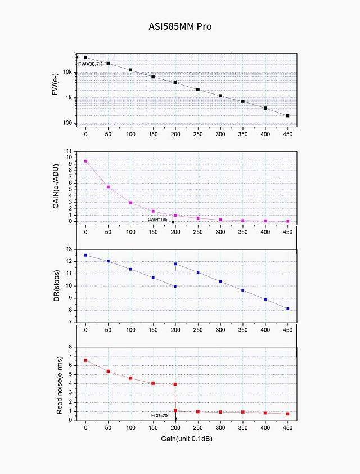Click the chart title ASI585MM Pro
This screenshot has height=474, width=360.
click(x=180, y=26)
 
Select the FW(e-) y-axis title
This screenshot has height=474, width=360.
click(x=56, y=90)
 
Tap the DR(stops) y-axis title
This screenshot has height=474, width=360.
click(x=56, y=286)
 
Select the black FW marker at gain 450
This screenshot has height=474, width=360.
click(x=287, y=116)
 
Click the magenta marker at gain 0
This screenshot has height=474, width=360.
click(x=85, y=162)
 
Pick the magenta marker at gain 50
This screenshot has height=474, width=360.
click(x=108, y=187)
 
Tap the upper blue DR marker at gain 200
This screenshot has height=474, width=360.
click(x=175, y=263)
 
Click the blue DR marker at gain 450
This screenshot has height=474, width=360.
click(x=287, y=308)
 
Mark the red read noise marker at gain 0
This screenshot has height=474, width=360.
click(x=85, y=360)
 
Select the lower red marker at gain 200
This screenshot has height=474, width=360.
click(x=175, y=410)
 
